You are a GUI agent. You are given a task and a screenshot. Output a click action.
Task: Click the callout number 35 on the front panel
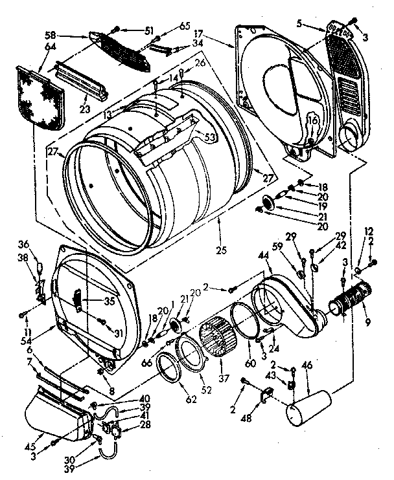(92, 300)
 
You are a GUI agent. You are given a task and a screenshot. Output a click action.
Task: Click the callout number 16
(312, 120)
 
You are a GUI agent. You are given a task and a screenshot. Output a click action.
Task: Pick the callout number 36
(25, 244)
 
